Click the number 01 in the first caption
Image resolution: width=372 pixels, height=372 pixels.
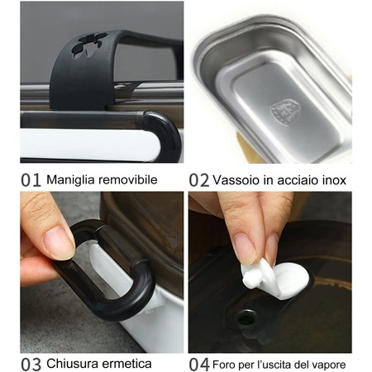(30, 179)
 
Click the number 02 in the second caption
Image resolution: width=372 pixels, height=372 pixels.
(198, 179)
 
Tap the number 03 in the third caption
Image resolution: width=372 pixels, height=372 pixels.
(31, 363)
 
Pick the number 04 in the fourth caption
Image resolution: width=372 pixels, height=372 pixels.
(198, 363)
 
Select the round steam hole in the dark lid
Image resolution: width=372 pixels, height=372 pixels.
(246, 317)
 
